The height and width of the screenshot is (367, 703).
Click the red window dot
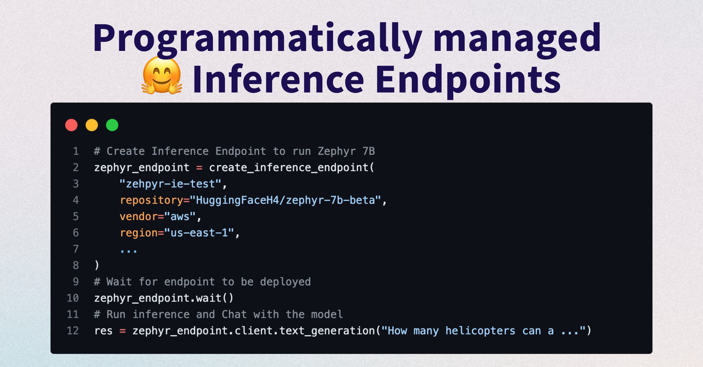(71, 125)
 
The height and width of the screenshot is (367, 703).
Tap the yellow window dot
(92, 125)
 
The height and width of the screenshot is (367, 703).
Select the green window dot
(112, 125)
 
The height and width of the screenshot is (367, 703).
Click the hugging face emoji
(162, 76)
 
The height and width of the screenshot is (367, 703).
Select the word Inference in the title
(279, 79)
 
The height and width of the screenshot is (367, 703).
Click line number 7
(76, 249)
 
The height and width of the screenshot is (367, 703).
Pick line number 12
(73, 331)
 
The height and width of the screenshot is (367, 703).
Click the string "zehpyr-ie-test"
(170, 184)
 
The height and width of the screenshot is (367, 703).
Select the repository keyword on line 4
(151, 200)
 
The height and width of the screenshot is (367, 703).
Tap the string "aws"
(180, 217)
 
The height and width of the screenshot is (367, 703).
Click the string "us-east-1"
(199, 233)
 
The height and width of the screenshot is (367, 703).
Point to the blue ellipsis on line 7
(129, 251)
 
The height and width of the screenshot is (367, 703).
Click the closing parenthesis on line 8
(97, 265)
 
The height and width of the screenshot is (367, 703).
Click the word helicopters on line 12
(480, 331)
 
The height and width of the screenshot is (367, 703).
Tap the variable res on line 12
(103, 331)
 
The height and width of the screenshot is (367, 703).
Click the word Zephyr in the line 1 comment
(337, 152)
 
